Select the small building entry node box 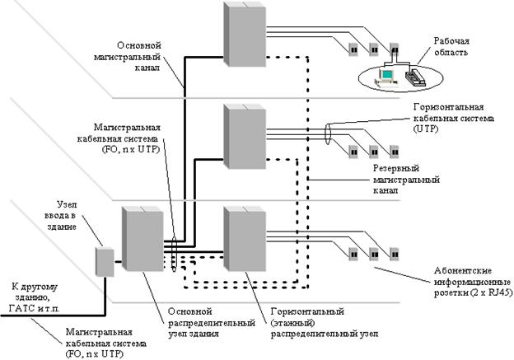click(x=104, y=260)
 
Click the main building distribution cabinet click(x=143, y=240)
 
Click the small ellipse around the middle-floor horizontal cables click(x=329, y=133)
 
